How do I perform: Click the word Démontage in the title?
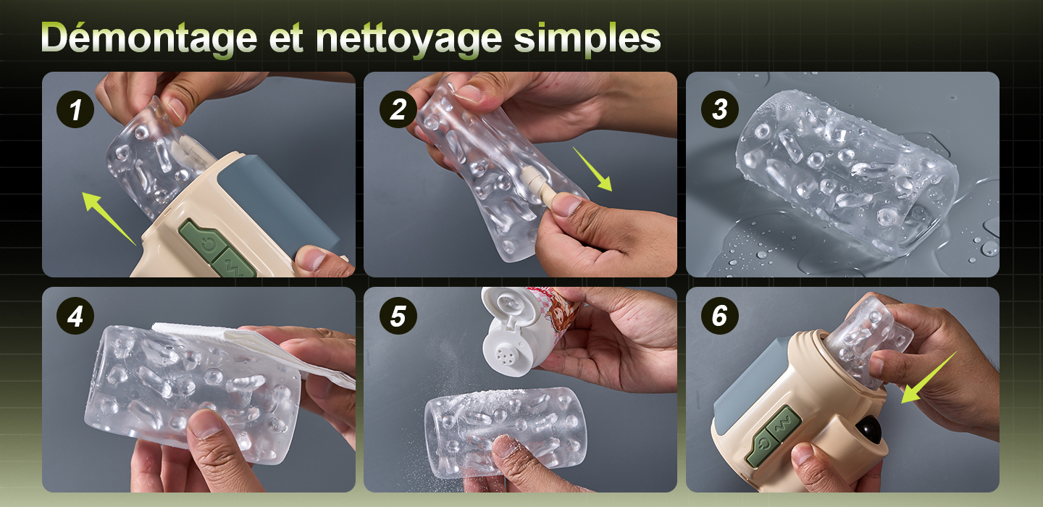coord(149,39)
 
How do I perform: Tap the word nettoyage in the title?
coord(409,39)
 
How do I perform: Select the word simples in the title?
coord(587,39)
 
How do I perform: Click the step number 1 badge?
coord(75,109)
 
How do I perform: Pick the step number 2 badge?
coord(398,109)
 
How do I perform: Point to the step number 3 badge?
coord(720,109)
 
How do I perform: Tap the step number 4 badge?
coord(75,316)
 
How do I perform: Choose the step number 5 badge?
coord(398,316)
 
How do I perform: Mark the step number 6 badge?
coord(720,316)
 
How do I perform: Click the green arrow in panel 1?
coord(109,218)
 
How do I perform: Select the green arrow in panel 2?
coord(592,169)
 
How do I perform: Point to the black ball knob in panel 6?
coord(869,430)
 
